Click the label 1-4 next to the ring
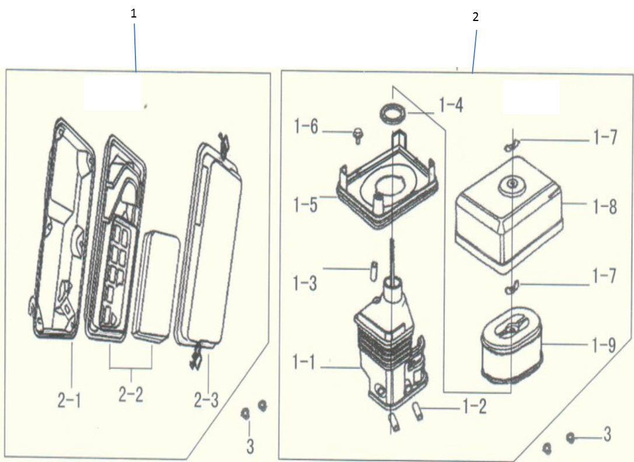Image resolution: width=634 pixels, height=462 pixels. pos(451,106)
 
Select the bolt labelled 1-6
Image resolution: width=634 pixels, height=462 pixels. pos(357,136)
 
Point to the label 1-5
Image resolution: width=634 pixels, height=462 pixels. pos(306,204)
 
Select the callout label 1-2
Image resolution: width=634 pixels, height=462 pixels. pos(475,408)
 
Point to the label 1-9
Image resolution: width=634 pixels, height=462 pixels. pos(604,345)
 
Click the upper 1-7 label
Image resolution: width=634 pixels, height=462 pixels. pos(605,138)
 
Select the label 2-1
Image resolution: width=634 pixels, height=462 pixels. pos(69,400)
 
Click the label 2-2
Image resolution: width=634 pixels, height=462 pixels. pos(131,394)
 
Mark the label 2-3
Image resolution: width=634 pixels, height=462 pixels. pos(206,400)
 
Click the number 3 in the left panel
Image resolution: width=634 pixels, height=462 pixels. pos(250,447)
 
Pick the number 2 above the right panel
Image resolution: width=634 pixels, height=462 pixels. pos(475,17)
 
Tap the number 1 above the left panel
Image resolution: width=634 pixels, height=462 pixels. pos(134,13)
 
